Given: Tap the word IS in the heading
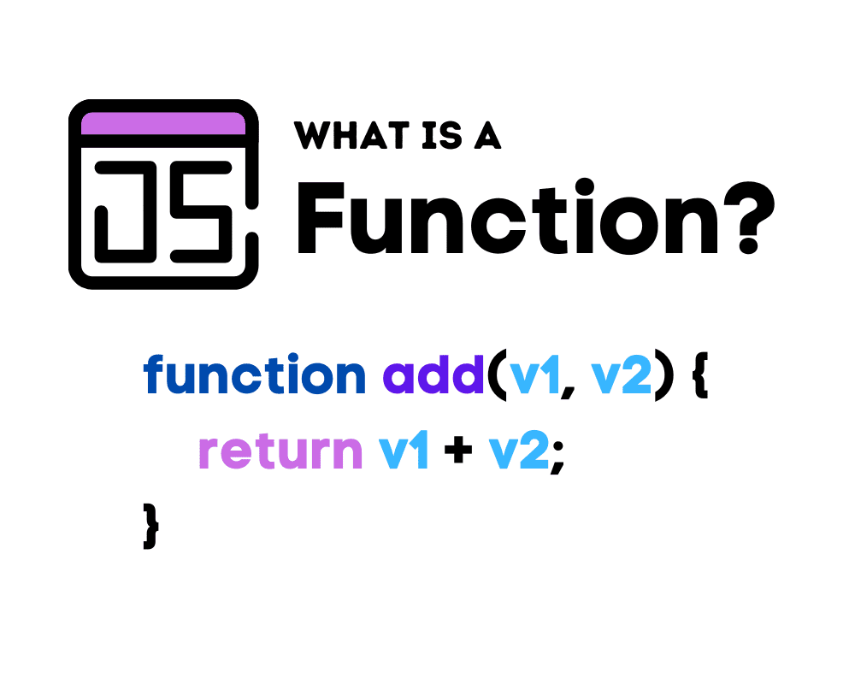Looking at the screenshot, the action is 442,135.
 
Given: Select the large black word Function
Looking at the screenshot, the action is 508,217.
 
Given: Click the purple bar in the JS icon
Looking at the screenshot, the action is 163,123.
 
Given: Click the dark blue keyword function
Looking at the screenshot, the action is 255,374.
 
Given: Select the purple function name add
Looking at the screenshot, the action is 433,374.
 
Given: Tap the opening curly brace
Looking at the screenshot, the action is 700,376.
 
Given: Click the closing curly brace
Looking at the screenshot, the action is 151,527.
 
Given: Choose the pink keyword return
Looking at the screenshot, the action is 280,451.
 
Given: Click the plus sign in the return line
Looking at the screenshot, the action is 458,451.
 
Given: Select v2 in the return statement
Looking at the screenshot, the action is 519,451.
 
